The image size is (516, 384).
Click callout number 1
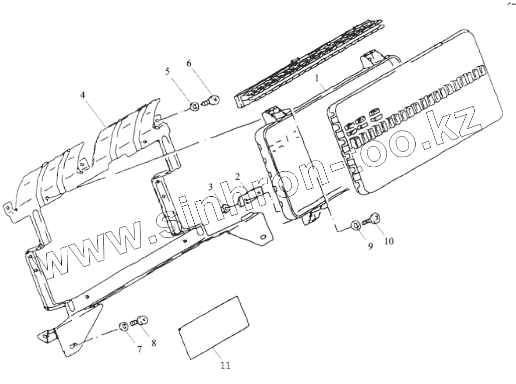point(317,78)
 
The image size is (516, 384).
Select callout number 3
point(212,188)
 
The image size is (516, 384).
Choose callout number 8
point(154,343)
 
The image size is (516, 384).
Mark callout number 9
point(370,246)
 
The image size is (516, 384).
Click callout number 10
point(389,241)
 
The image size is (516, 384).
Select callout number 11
point(225,365)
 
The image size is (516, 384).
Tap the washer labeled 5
point(194,106)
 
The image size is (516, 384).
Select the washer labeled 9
point(354,224)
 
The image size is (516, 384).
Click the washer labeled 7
point(123,327)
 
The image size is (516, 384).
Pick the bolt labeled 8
point(139,321)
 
